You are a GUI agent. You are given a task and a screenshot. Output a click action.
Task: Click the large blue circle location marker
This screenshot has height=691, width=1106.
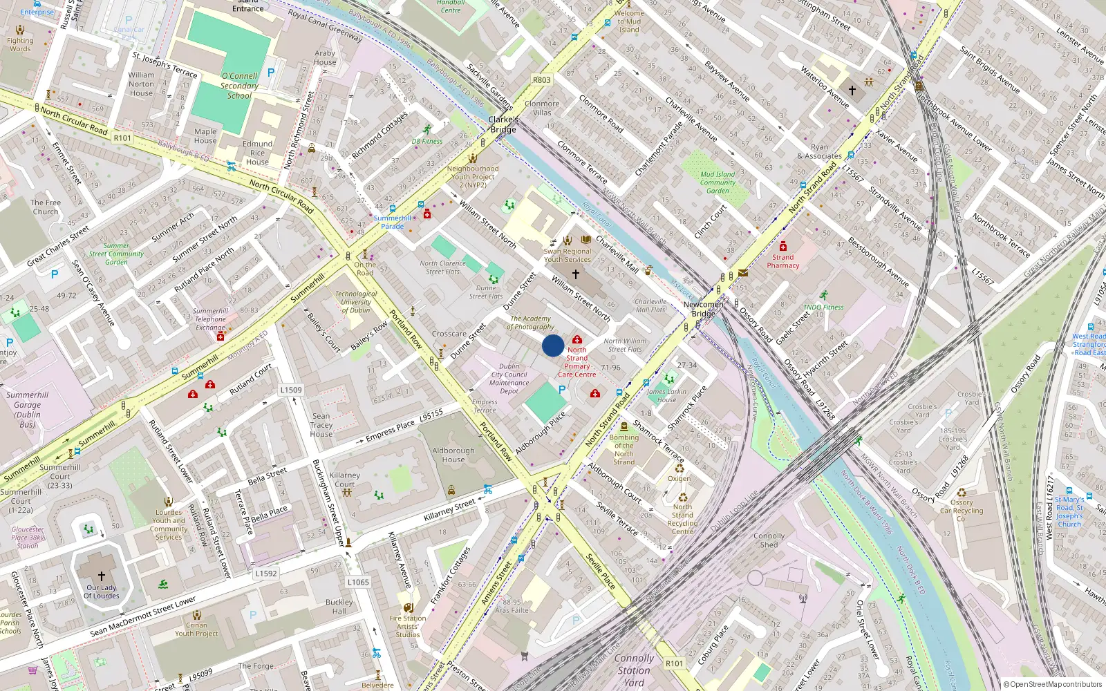coord(553,345)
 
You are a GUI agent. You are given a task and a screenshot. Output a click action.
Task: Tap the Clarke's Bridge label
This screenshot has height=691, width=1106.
coord(503,125)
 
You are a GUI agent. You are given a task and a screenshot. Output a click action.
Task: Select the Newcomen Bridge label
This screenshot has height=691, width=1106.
coord(704,309)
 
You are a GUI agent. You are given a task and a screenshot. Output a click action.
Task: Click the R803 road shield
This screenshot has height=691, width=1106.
coord(542,80)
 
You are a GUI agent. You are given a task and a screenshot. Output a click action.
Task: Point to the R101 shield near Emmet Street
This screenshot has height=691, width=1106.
coord(122,138)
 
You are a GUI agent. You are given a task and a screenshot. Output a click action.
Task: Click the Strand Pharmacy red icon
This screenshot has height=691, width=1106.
coord(783,247)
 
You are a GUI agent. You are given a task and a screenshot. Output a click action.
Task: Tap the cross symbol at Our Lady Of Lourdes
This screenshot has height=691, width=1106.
coord(102,576)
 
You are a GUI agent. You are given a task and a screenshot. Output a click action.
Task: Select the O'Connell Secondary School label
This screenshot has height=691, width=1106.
coord(239,86)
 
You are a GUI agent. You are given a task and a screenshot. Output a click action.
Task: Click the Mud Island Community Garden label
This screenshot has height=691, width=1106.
coord(718,182)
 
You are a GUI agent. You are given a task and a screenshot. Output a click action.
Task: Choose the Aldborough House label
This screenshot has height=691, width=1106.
coord(453,455)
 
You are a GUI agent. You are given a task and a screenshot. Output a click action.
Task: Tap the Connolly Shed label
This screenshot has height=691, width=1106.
coord(769,540)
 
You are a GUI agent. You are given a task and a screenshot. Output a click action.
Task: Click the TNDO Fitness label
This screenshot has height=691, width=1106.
coord(823,307)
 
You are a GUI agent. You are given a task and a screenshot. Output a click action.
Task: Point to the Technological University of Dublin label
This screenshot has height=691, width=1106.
coord(356,302)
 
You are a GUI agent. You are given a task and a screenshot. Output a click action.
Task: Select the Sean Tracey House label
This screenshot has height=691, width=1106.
coord(321,425)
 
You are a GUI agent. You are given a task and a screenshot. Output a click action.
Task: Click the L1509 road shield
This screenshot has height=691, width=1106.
coord(291,390)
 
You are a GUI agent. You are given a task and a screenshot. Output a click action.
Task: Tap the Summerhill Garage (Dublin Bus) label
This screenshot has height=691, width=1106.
coord(28,410)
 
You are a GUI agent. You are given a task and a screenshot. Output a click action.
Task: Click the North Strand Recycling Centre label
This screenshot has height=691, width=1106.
coord(682,519)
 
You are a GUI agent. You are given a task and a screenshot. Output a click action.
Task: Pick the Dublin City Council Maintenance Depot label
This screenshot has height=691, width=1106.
coord(509,379)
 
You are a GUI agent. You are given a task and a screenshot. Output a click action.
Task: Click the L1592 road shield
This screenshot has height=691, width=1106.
coord(266,574)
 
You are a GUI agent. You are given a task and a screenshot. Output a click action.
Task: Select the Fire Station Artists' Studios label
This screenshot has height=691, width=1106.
coord(408,626)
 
